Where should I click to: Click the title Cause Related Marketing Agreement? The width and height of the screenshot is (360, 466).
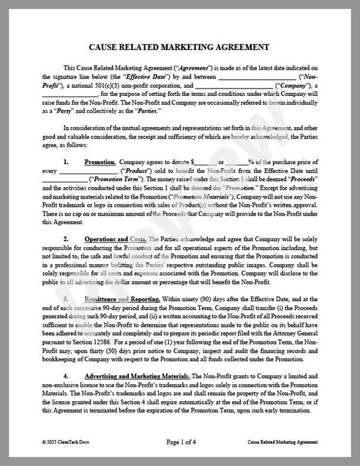point(180,47)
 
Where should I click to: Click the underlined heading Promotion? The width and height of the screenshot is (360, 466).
point(100,162)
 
